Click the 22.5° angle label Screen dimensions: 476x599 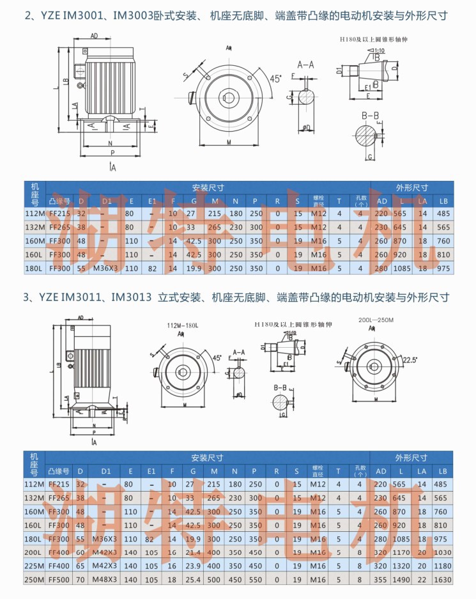pos(410,361)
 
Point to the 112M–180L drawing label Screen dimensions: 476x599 pos(183,325)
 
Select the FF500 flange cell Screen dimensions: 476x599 pos(59,580)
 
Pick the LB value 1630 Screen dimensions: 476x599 pos(441,580)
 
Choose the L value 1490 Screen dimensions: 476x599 pos(401,580)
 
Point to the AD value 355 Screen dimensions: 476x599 pos(382,580)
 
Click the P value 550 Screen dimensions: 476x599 pos(256,580)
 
